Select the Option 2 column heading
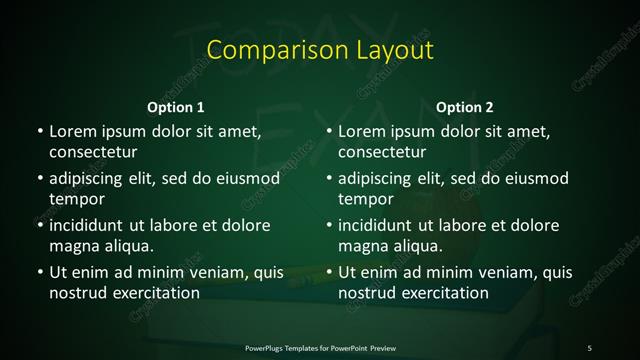465,107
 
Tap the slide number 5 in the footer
590,347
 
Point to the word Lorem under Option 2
362,131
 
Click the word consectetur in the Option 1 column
93,152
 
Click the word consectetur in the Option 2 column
383,152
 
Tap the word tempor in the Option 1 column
75,199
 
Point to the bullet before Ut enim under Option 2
328,272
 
